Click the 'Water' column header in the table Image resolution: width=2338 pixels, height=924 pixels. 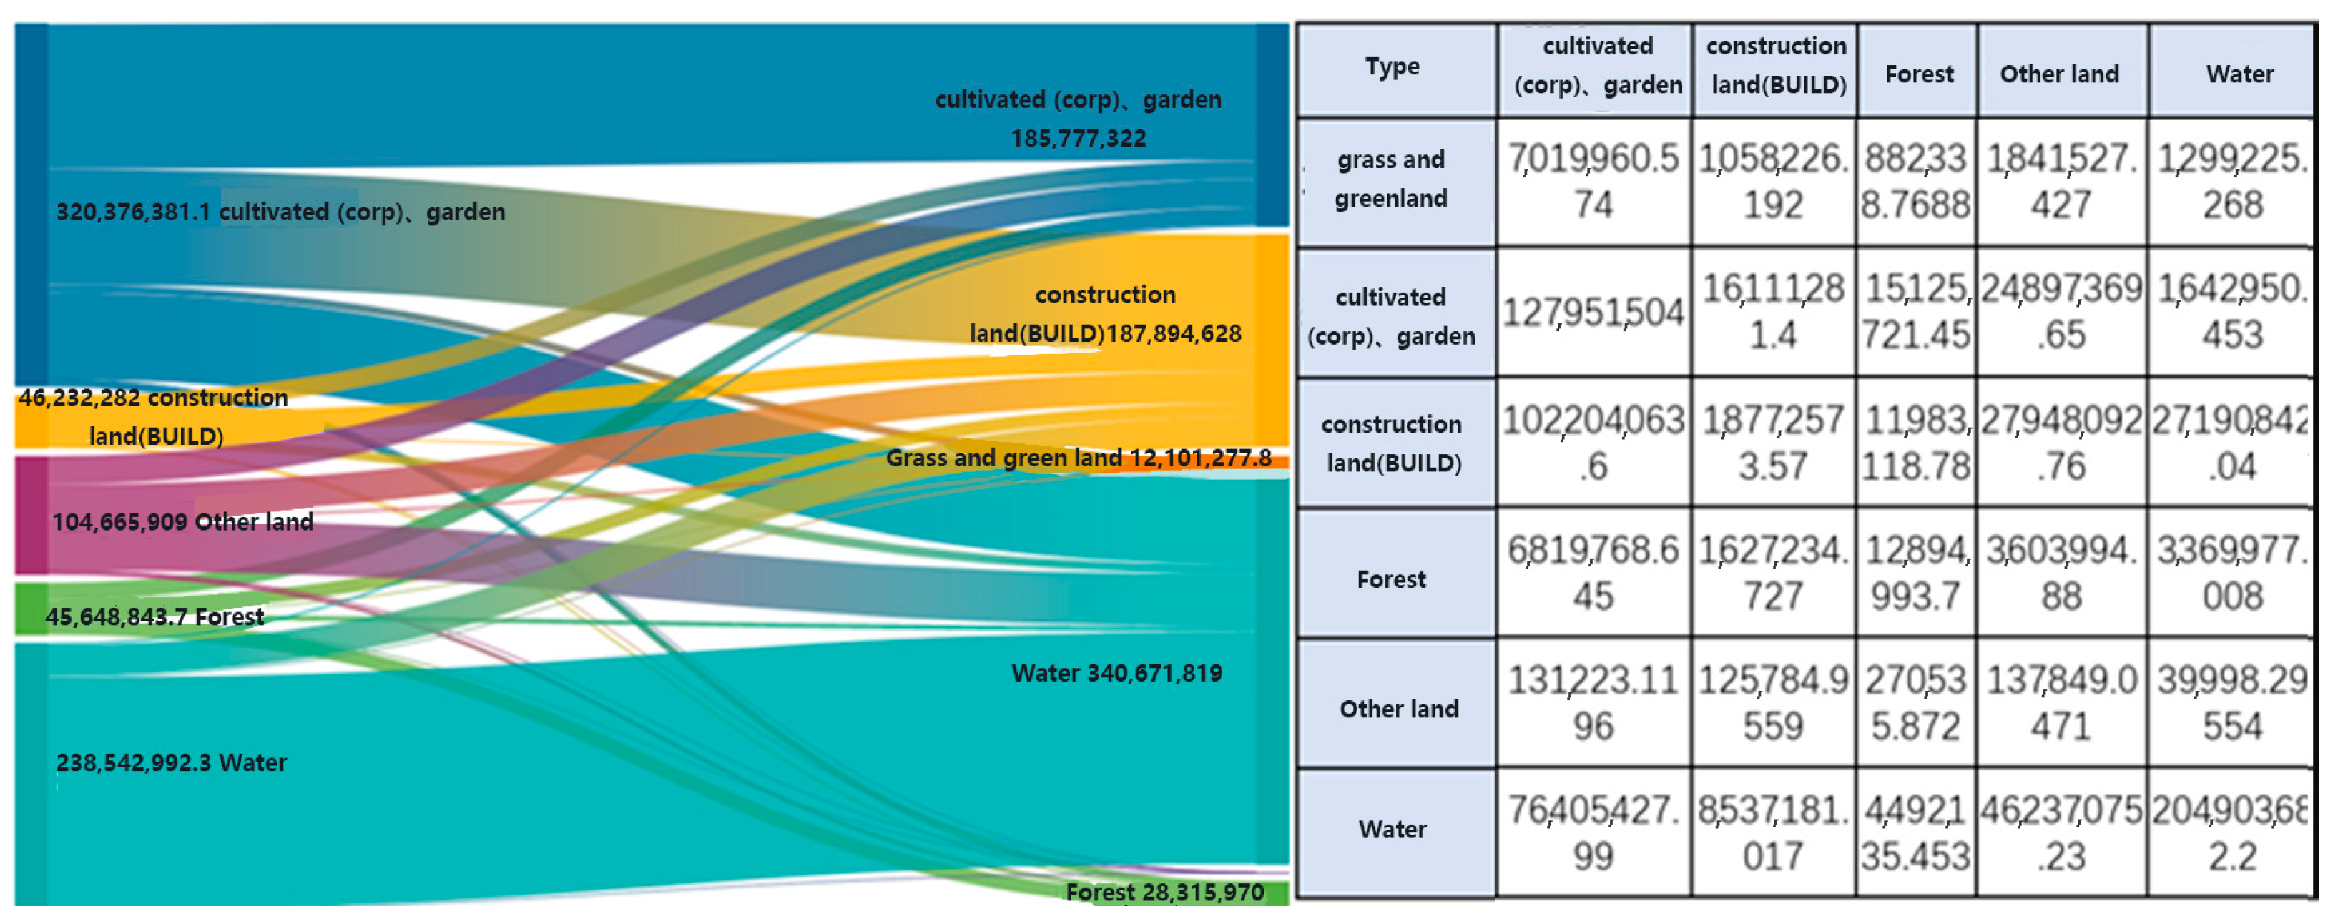point(2239,74)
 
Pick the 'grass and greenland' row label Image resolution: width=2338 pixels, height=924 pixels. point(1390,180)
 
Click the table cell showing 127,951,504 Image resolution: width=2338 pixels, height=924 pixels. point(1593,313)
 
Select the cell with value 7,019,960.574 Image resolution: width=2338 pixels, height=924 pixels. point(1593,182)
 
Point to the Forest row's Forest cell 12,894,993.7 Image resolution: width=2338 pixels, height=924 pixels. point(1916,573)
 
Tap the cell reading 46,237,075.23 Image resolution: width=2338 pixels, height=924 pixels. point(2061,832)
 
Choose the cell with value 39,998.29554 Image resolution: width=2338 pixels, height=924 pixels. point(2232,702)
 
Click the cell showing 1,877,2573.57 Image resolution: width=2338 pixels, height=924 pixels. point(1772,443)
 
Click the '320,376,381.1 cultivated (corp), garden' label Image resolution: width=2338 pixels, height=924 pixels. point(280,212)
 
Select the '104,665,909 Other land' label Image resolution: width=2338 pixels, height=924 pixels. point(182,522)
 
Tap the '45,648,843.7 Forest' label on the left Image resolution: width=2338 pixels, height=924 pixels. point(154,617)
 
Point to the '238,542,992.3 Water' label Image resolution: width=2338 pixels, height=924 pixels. point(171,762)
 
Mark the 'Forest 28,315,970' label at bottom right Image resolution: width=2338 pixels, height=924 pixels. point(1164,893)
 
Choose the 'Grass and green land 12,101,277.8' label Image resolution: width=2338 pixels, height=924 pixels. point(1079,458)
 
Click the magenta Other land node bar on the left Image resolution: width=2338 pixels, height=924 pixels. point(31,515)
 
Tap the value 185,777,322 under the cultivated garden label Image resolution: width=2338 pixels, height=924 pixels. point(1079,139)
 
